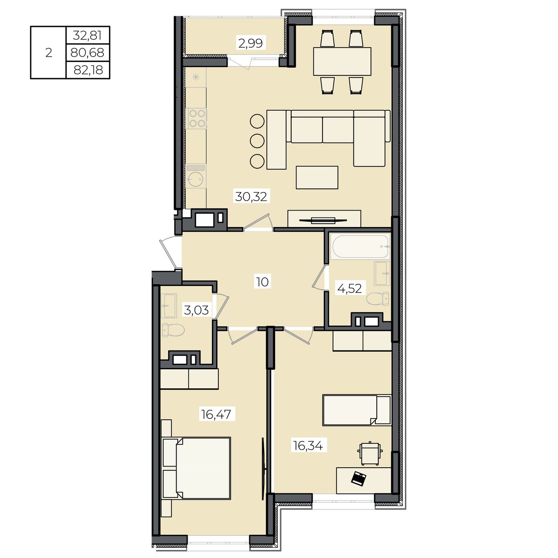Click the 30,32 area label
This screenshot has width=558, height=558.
[251, 197]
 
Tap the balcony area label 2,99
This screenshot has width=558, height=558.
[251, 44]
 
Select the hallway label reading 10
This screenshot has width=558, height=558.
[262, 282]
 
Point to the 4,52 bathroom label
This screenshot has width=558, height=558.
[350, 289]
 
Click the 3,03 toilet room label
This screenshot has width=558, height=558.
[196, 310]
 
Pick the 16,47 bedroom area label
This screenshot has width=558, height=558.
[216, 415]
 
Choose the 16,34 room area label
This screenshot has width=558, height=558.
[308, 446]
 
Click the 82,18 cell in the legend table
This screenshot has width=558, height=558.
[88, 70]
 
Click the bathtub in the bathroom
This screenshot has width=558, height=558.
[361, 246]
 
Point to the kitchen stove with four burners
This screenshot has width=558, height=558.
[197, 119]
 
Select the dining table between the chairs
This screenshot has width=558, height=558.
[342, 61]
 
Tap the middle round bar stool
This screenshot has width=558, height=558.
[257, 141]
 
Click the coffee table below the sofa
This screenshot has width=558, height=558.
[317, 177]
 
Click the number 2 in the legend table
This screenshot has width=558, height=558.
[49, 53]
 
